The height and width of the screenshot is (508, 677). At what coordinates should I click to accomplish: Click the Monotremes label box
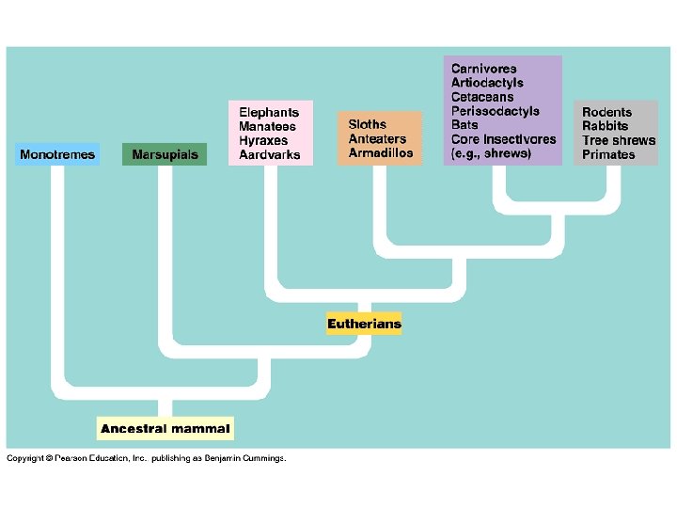(57, 154)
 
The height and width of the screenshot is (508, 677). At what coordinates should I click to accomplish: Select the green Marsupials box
(165, 154)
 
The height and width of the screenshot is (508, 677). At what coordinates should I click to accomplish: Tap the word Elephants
(269, 112)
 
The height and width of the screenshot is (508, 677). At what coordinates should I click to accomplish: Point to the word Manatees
(267, 126)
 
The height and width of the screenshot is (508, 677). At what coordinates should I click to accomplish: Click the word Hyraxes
(264, 140)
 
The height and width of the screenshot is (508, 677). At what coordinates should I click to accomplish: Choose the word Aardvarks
(269, 154)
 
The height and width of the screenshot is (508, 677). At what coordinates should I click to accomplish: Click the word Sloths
(367, 125)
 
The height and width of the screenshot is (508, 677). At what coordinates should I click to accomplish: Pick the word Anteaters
(377, 139)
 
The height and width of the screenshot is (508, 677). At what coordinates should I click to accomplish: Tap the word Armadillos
(380, 153)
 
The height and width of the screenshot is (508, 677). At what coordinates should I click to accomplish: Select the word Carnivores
(483, 69)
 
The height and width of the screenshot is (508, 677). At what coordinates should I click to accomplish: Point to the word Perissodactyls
(496, 111)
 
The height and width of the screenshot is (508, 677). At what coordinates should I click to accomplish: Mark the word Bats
(464, 125)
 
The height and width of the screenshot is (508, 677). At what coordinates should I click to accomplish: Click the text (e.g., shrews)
(491, 153)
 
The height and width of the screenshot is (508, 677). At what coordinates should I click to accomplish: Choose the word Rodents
(606, 112)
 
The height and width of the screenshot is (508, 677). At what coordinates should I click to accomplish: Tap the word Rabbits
(605, 126)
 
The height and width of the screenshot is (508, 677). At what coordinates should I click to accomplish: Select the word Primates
(608, 154)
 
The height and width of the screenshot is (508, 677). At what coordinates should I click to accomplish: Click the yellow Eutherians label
(364, 324)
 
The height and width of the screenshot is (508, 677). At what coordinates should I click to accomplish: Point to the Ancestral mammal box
(165, 429)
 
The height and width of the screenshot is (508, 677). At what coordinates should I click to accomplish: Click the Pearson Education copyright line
(146, 459)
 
